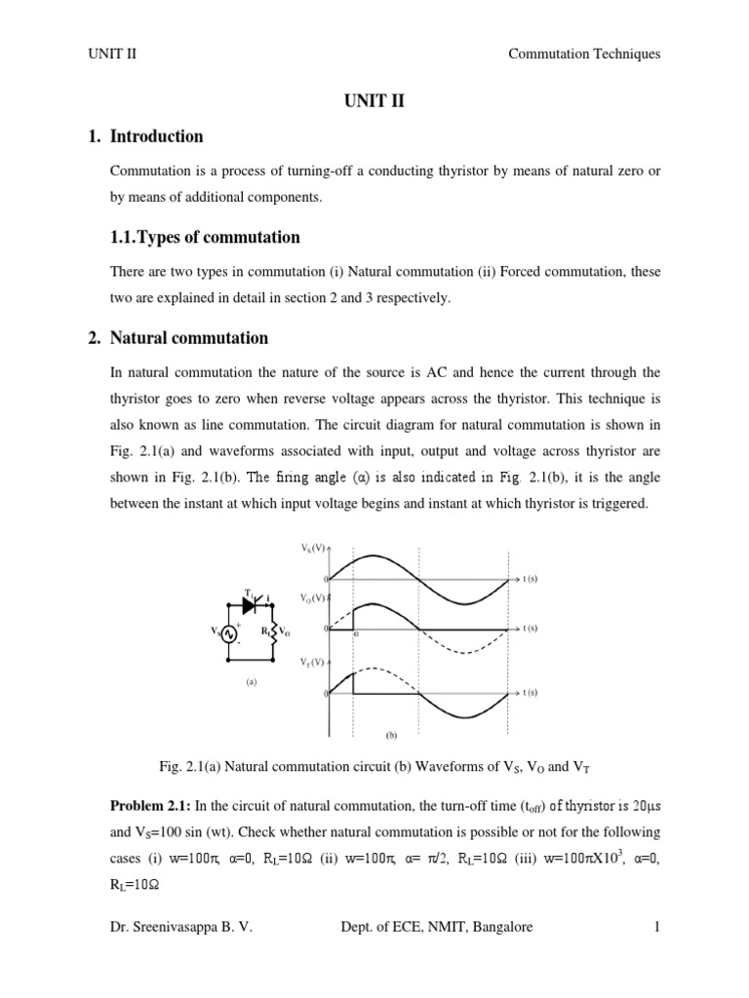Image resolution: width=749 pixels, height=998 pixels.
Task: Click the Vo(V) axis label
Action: pyautogui.click(x=312, y=597)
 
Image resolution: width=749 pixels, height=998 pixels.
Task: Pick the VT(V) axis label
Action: pyautogui.click(x=312, y=661)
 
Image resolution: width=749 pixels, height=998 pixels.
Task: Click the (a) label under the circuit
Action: pyautogui.click(x=251, y=682)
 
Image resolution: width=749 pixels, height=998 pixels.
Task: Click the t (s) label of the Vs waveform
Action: pyautogui.click(x=531, y=579)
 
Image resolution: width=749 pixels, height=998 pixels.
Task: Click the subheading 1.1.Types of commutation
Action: pyautogui.click(x=205, y=237)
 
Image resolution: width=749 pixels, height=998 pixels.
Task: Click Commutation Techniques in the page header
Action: pyautogui.click(x=584, y=54)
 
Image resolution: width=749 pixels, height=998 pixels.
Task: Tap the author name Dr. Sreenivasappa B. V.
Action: pyautogui.click(x=182, y=927)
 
